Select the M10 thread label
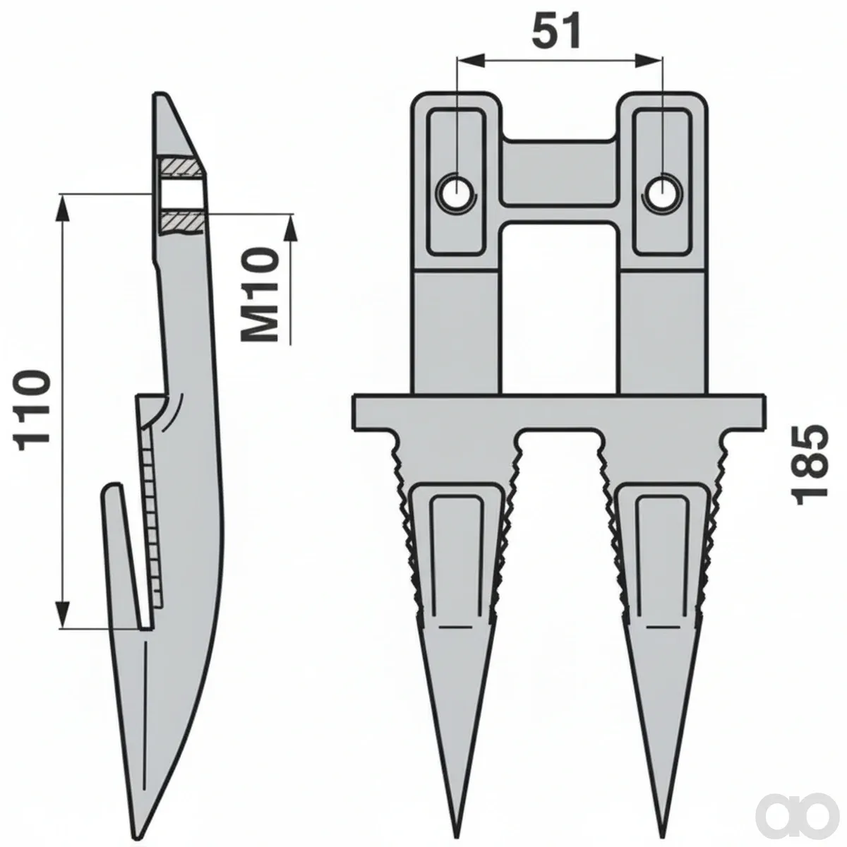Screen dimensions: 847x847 point(260,294)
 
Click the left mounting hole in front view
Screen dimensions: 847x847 point(457,193)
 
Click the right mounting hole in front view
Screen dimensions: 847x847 point(661,193)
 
